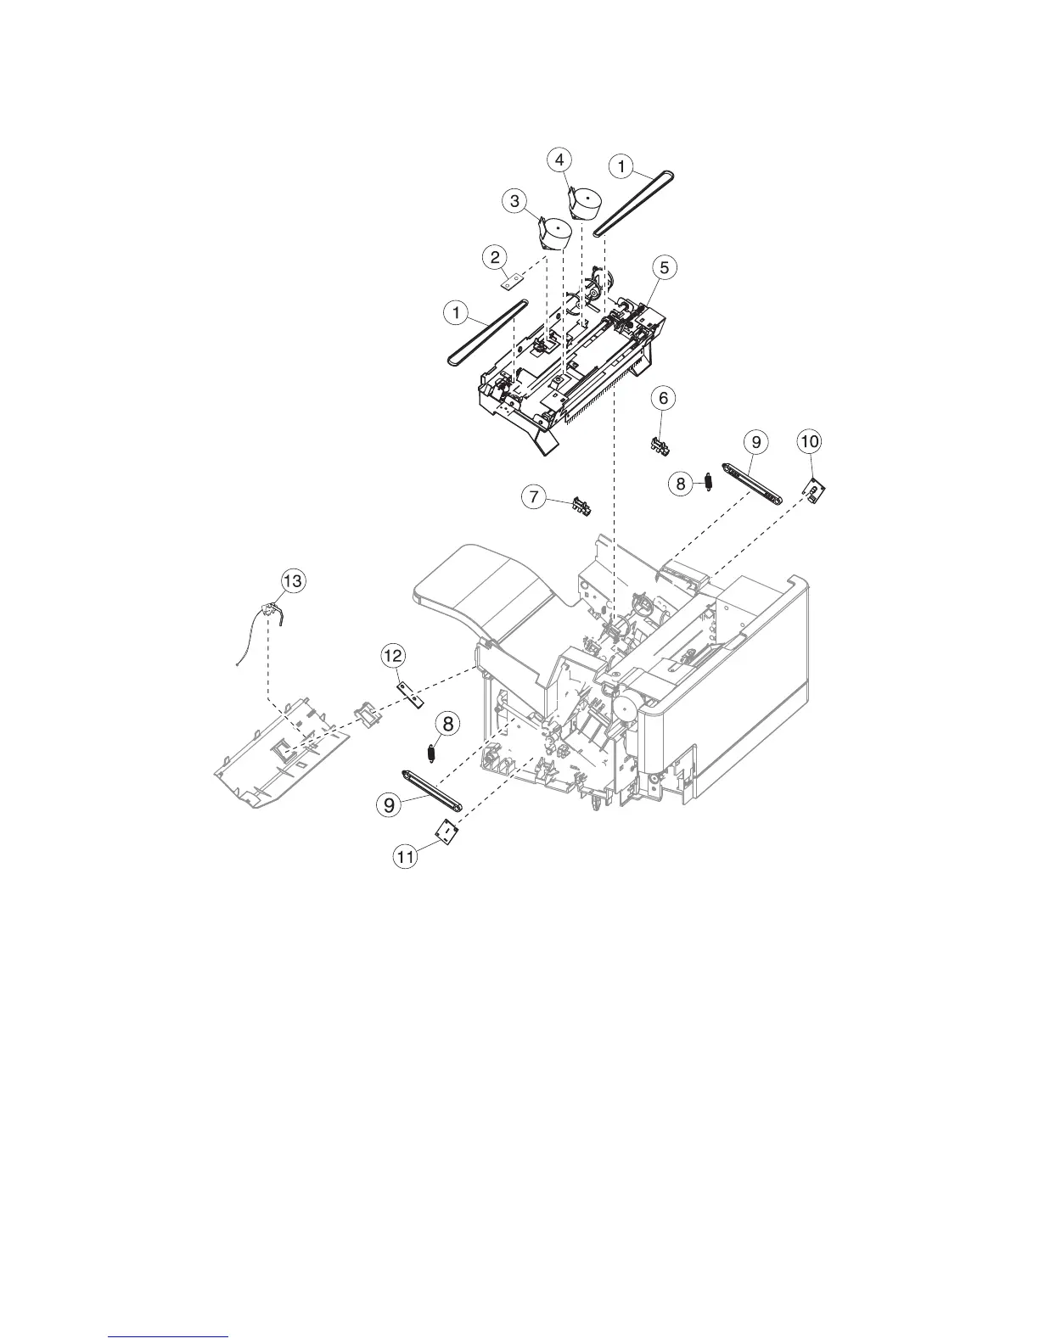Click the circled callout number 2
coord(495,255)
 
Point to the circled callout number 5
coord(664,267)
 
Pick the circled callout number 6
coord(664,396)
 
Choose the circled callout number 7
coord(533,497)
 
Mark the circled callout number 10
coord(810,441)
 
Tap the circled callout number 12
coord(392,655)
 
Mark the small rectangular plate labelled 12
coord(411,692)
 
